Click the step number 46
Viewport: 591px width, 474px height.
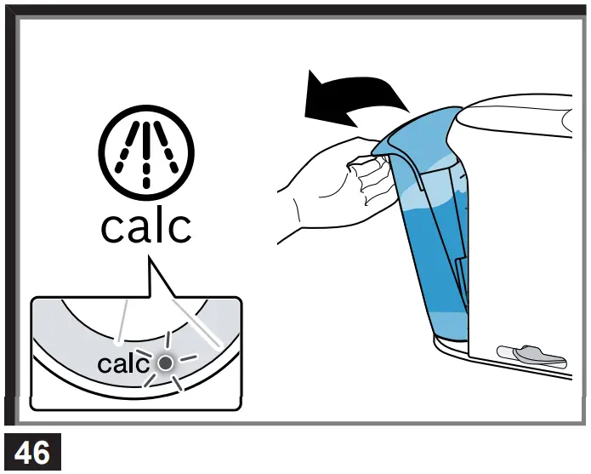pyautogui.click(x=32, y=452)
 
